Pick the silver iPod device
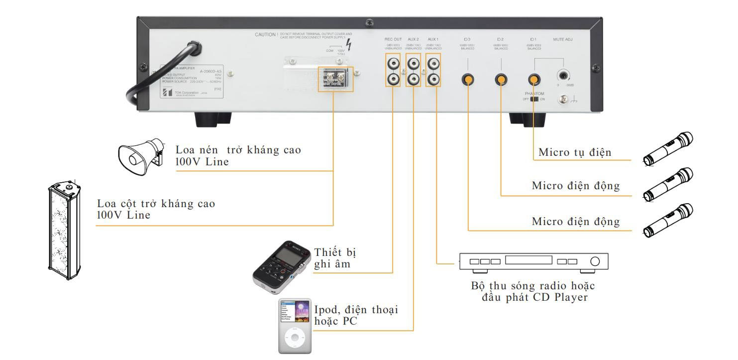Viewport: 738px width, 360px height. pos(295,326)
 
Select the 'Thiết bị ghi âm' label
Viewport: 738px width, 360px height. pos(336,257)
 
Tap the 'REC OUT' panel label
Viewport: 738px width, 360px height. pos(393,39)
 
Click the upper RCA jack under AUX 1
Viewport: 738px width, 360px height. pos(433,64)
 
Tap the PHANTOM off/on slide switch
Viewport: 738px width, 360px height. pos(534,99)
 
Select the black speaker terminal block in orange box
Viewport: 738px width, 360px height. pos(336,79)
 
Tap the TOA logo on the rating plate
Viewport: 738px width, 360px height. pos(166,94)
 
